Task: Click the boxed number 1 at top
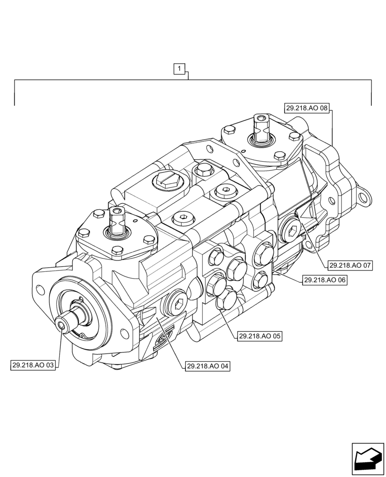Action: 179,70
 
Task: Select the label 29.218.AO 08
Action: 307,108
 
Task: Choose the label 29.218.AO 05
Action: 259,336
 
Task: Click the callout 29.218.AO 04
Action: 207,366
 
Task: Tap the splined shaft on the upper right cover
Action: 262,129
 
